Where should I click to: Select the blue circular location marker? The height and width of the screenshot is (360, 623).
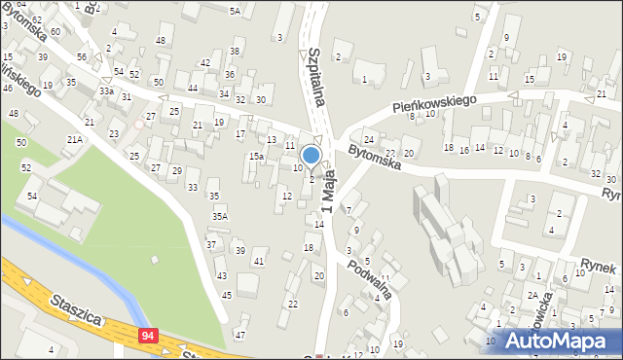(311, 155)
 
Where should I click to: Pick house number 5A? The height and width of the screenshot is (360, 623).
(235, 11)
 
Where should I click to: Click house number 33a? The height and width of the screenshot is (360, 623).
(105, 90)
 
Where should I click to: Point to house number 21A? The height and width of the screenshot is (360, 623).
(74, 140)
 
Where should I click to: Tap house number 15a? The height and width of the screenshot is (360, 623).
(255, 157)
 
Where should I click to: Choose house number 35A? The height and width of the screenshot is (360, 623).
(221, 216)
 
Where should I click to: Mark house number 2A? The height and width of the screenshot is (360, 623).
(532, 295)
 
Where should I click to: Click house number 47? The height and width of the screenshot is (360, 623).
(240, 335)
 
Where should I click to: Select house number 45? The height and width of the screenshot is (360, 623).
(226, 295)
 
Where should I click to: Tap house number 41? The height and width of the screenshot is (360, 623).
(258, 261)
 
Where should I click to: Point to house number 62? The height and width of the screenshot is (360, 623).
(37, 19)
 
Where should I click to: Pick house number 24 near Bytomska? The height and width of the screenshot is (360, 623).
(369, 139)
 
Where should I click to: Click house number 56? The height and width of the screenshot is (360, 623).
(82, 56)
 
